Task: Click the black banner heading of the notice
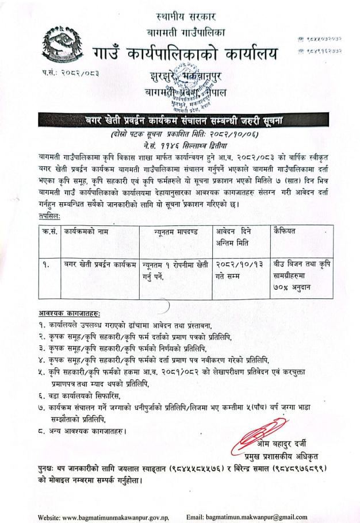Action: [179, 120]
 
